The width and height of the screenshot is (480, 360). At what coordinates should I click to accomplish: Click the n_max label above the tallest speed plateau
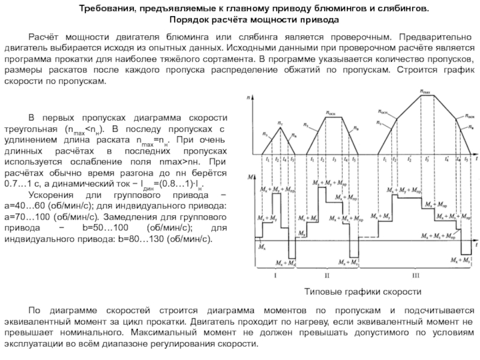[425, 93]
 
